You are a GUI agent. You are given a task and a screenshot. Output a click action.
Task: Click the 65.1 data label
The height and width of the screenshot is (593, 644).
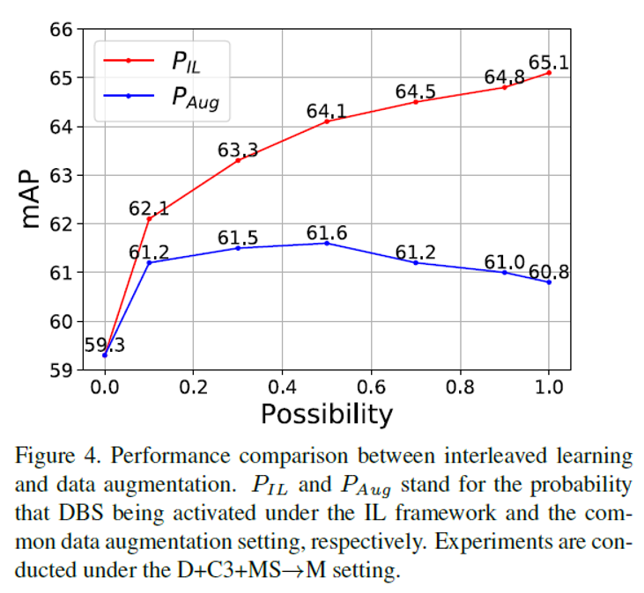547,62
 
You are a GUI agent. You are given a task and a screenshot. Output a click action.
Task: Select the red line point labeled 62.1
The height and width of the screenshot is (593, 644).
149,218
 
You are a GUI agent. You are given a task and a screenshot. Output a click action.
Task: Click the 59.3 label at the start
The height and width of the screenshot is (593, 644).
104,345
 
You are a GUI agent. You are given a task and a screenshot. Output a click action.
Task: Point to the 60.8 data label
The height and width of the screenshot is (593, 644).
551,271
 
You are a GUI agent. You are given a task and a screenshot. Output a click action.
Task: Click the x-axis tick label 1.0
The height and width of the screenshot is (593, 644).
548,389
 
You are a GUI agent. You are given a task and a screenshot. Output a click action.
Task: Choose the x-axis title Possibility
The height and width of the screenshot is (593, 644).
326,414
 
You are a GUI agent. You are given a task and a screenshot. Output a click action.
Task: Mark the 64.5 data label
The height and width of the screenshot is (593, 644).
415,92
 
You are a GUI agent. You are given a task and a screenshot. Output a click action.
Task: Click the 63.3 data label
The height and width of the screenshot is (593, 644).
238,150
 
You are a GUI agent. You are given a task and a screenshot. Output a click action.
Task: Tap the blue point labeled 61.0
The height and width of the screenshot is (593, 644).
505,272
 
